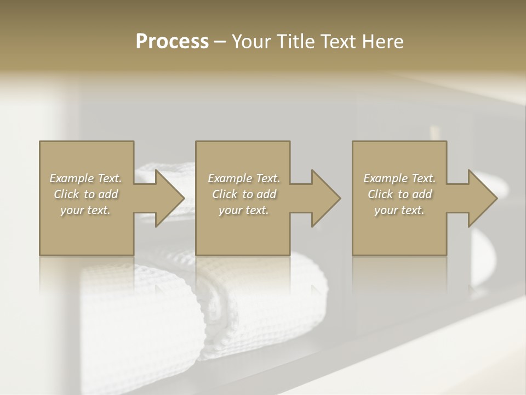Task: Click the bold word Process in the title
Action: click(172, 42)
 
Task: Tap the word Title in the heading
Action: click(295, 42)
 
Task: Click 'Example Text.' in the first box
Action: click(85, 178)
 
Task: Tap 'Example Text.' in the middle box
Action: click(244, 178)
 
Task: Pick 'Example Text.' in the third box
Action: click(399, 178)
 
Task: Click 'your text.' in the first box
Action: click(85, 210)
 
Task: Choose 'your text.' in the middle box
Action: click(244, 210)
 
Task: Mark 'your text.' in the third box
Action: click(399, 210)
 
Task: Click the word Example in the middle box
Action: click(228, 178)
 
